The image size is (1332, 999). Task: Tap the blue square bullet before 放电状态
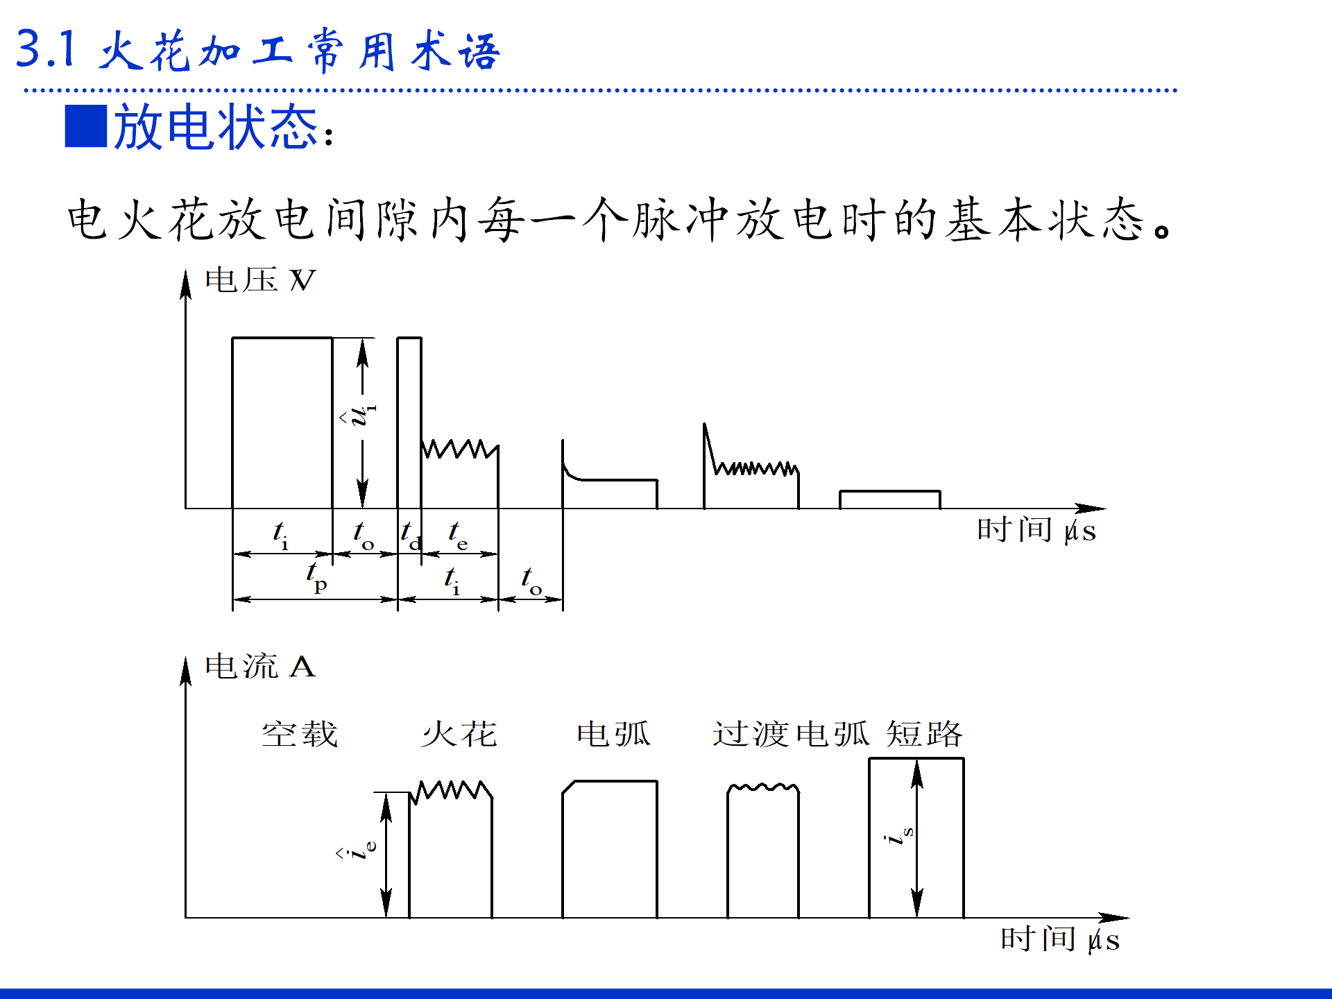(x=86, y=126)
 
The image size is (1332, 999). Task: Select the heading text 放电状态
(x=216, y=127)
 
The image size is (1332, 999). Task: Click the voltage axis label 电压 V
(x=260, y=280)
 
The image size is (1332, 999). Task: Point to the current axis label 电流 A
(x=260, y=667)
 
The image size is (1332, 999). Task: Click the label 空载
(x=300, y=734)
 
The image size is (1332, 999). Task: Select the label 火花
(x=459, y=734)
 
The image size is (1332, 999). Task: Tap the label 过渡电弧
(x=791, y=734)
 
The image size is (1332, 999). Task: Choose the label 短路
(x=925, y=734)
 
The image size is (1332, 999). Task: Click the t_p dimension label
(x=316, y=577)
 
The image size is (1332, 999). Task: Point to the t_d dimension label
(x=410, y=536)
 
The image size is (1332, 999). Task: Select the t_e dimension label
(x=457, y=536)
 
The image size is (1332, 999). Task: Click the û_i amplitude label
(x=361, y=415)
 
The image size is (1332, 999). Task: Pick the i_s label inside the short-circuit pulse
(x=900, y=835)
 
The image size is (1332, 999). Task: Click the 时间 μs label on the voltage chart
(x=1036, y=531)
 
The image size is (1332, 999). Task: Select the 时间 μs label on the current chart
(x=1060, y=940)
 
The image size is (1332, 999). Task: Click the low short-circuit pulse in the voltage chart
(x=890, y=499)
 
